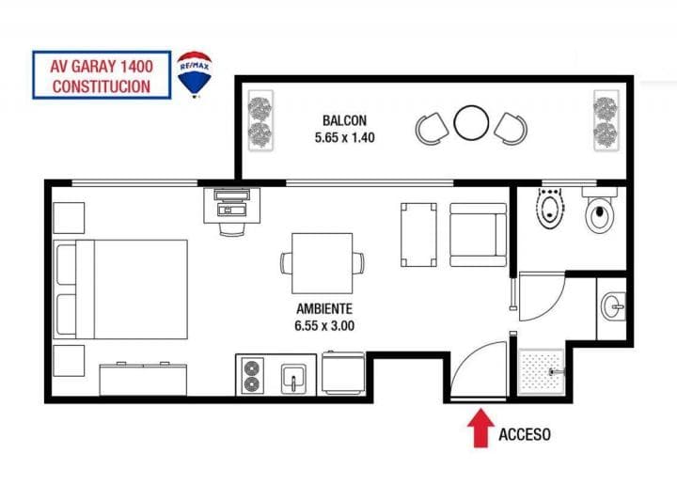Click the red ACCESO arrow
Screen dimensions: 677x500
pos(480,429)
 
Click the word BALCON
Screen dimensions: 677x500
pos(344,120)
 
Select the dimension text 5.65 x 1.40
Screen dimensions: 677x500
pos(344,137)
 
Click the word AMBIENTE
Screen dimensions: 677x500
pos(324,309)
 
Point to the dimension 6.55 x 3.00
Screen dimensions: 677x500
pos(324,326)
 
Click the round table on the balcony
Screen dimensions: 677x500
pos(471,123)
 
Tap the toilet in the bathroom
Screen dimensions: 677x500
pos(600,211)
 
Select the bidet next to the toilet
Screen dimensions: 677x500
pos(550,208)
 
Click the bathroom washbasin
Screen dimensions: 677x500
pos(613,306)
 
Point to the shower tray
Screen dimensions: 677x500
pos(542,372)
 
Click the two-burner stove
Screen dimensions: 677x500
pos(252,376)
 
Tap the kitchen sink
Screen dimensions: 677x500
pos(293,379)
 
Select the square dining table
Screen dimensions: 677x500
pos(323,263)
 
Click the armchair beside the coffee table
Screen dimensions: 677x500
pos(478,235)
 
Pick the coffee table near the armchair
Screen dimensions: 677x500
pos(418,235)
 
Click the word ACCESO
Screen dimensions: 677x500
pos(525,434)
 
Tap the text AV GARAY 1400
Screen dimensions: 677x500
pos(102,67)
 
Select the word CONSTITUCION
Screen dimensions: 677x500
pos(102,86)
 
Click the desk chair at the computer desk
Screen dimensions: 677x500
pos(232,229)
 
